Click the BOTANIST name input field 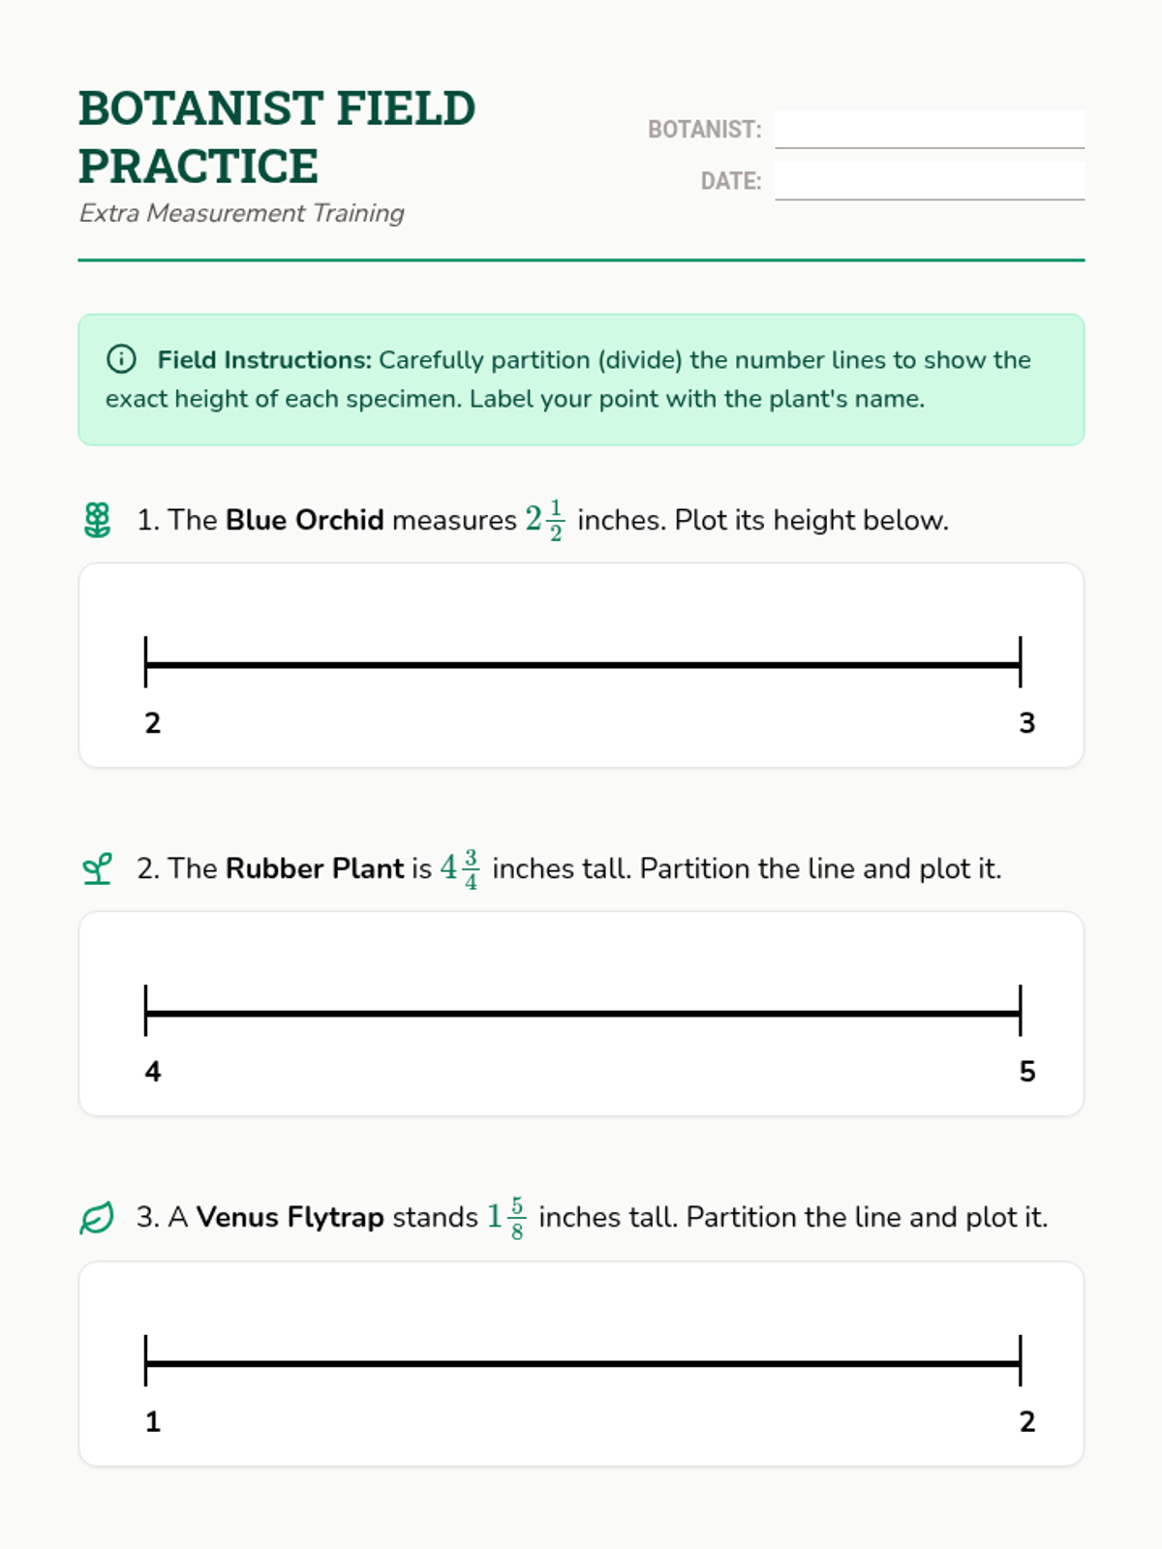tap(929, 129)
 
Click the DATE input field tap(929, 180)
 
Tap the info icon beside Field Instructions tap(121, 359)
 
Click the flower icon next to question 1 tap(97, 520)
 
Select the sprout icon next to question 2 tap(97, 868)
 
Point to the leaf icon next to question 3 tap(97, 1217)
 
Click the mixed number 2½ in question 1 tap(544, 520)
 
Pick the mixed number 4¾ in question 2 tap(460, 868)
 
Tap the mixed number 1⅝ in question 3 tap(506, 1217)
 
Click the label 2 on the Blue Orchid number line tap(152, 723)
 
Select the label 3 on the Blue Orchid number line tap(1027, 723)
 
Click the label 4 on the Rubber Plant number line tap(152, 1072)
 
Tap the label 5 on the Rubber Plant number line tap(1027, 1072)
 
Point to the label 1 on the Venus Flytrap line tap(152, 1421)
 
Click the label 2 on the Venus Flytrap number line tap(1027, 1421)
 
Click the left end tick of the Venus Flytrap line tap(145, 1361)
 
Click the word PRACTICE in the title tap(199, 167)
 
